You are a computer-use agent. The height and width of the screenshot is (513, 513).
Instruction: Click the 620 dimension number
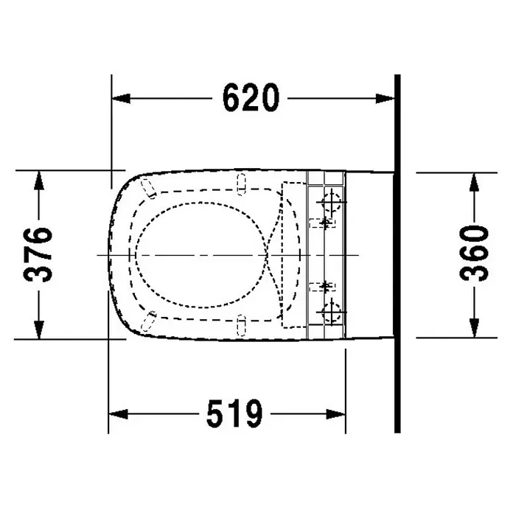251,97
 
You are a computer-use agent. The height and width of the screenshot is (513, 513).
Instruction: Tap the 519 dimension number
234,413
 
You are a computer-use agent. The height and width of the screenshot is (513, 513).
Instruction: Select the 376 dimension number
38,254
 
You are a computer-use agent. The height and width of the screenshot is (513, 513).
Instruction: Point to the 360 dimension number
474,253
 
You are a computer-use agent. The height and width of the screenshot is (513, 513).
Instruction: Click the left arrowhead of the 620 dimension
121,98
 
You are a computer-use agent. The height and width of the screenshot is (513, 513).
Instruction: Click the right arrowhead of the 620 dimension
385,98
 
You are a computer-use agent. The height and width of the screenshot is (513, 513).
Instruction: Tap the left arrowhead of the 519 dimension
118,414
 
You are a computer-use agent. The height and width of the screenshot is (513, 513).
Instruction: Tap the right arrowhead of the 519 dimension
335,414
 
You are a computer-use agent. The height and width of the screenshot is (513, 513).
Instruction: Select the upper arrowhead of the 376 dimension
39,181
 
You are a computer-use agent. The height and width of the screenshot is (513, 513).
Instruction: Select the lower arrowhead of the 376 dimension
39,329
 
